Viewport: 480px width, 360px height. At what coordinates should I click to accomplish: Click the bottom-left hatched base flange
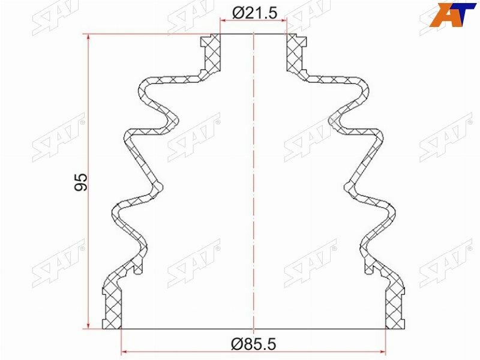pos(113,306)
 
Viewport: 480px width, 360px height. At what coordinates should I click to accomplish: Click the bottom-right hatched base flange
pos(394,306)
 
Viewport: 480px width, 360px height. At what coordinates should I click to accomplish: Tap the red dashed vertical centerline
pos(254,180)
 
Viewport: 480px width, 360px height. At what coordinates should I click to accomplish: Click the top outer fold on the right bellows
pos(364,90)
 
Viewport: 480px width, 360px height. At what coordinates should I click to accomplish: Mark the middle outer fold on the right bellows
pos(379,138)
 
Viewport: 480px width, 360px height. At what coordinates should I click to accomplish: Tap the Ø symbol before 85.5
pos(236,344)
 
